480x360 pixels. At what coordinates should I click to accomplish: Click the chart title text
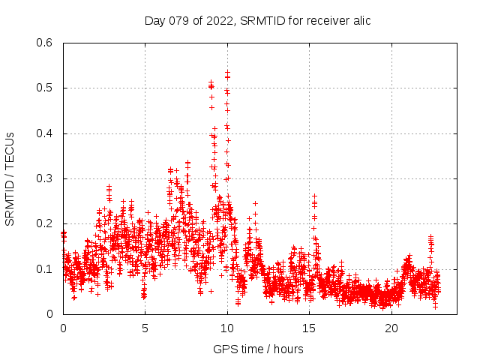tap(257, 20)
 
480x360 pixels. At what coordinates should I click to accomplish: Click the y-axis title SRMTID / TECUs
tap(10, 178)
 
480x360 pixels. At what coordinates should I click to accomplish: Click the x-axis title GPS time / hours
tap(258, 349)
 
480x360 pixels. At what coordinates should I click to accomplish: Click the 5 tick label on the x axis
tap(145, 328)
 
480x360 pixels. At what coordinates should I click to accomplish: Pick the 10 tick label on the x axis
tap(227, 328)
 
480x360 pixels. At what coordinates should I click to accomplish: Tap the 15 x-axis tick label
tap(310, 328)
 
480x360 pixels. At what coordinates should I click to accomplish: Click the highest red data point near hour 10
tap(227, 73)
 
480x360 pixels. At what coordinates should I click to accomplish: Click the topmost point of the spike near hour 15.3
tap(314, 196)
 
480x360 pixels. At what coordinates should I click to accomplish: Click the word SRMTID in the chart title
tap(263, 20)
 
